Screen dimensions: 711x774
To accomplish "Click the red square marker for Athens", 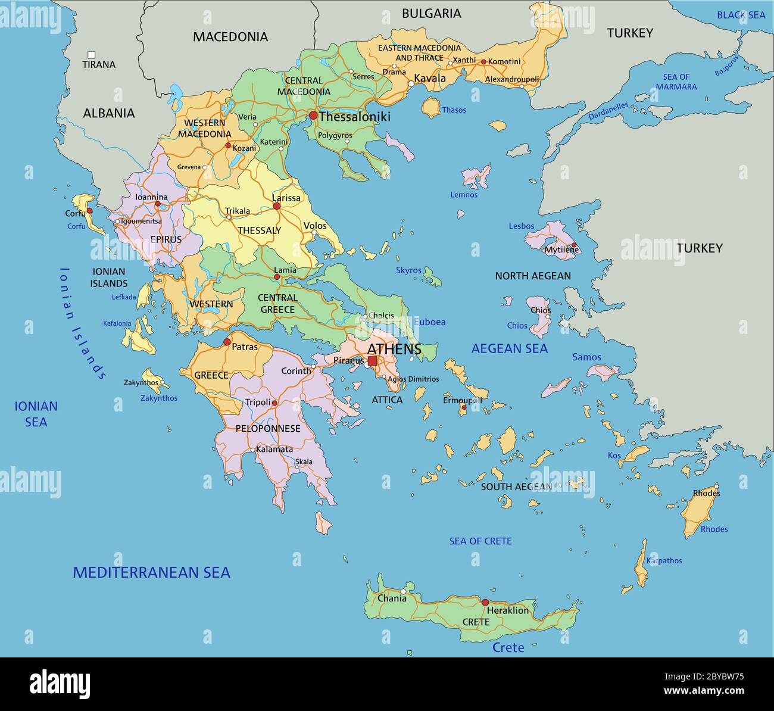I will tap(372, 361).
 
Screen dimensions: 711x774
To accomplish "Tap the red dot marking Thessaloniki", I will tap(313, 116).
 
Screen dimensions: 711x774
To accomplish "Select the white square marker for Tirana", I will tap(91, 54).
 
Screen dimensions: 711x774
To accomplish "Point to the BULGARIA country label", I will tap(431, 13).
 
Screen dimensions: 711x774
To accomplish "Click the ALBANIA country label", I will tap(108, 113).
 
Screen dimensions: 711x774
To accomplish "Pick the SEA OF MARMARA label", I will tap(676, 82).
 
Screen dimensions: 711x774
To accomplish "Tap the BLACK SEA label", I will tap(741, 15).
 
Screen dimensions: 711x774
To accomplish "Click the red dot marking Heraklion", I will tap(485, 602).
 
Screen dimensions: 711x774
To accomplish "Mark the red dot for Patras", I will tap(227, 342).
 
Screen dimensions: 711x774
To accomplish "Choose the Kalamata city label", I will tap(274, 449).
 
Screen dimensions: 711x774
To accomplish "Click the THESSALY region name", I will tap(259, 230).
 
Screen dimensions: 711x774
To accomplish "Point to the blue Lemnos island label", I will tap(464, 195).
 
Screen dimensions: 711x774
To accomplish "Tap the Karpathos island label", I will tap(664, 560).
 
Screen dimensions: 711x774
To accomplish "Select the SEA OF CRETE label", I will tap(480, 541).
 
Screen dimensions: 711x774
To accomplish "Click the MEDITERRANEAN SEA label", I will tap(151, 573).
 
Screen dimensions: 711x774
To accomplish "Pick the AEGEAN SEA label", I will tap(509, 348).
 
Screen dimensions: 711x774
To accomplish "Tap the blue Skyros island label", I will tap(408, 270).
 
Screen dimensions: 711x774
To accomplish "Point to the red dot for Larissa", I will tap(276, 206).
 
